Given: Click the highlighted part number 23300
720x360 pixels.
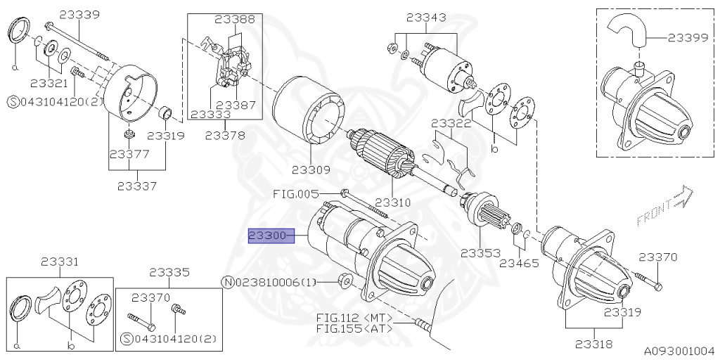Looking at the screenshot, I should tap(267, 236).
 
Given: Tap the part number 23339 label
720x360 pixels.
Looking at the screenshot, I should tap(79, 13).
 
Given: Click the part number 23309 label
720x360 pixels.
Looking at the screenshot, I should tap(311, 169).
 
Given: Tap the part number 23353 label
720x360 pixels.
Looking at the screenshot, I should tap(480, 252).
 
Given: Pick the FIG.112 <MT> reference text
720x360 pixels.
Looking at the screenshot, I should tap(353, 317).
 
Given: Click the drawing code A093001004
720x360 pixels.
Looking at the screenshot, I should tap(681, 350).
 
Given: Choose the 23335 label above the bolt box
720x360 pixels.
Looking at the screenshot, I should tap(169, 271).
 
